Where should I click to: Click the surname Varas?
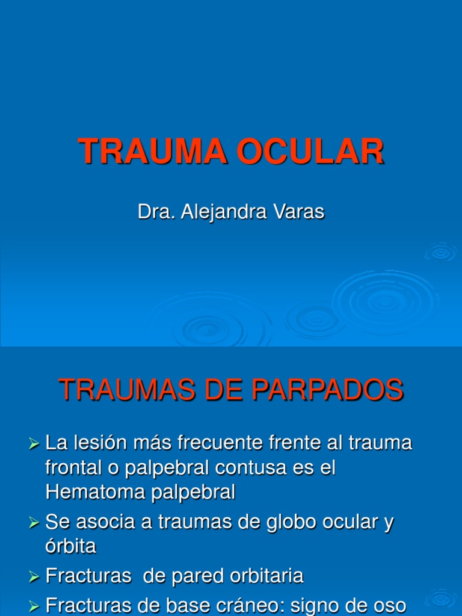pos(301,212)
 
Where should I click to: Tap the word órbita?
pos(70,546)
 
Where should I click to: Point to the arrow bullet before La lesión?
pos(34,445)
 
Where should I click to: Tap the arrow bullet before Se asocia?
pos(34,523)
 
